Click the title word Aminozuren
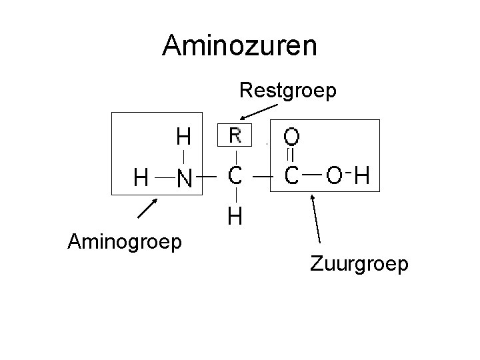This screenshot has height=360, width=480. coord(240,45)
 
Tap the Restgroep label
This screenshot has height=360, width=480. coord(288,90)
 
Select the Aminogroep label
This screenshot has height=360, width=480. coord(124,241)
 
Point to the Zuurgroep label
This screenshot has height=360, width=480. coord(359,265)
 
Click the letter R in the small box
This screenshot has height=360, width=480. coord(235,136)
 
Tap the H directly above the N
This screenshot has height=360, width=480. coord(183,137)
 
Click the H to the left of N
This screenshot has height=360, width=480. coord(141,177)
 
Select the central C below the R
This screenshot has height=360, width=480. coord(235,177)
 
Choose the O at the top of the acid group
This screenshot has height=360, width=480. coord(292,137)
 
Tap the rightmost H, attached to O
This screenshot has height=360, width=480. coord(362,177)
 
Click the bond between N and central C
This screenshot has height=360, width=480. coord(209,177)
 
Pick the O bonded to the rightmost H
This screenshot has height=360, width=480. coord(335,177)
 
